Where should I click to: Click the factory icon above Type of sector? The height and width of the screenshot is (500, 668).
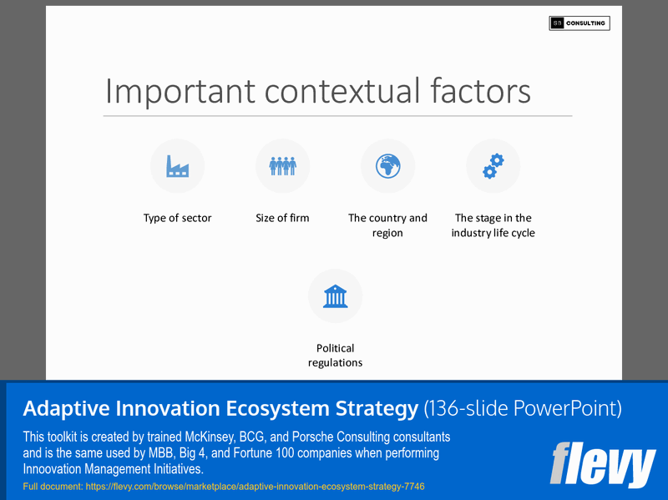pyautogui.click(x=177, y=166)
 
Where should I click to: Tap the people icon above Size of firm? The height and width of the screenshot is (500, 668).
pyautogui.click(x=282, y=166)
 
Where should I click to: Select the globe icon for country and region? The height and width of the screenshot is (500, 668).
pyautogui.click(x=387, y=166)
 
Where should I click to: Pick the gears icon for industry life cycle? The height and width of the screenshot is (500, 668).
pyautogui.click(x=493, y=166)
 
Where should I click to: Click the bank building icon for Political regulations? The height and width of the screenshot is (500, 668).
pyautogui.click(x=335, y=296)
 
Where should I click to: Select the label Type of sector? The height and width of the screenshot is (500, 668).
pyautogui.click(x=177, y=218)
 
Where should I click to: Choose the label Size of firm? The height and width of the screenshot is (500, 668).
pyautogui.click(x=282, y=218)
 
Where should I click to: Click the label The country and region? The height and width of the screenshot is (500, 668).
pyautogui.click(x=387, y=225)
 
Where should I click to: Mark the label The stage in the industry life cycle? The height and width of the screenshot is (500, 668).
pyautogui.click(x=493, y=225)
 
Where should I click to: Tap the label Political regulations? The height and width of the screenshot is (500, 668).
pyautogui.click(x=335, y=356)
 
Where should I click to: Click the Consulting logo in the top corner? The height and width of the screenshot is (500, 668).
pyautogui.click(x=579, y=23)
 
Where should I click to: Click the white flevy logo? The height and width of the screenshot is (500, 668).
pyautogui.click(x=602, y=466)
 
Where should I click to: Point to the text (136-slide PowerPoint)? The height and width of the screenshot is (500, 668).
pyautogui.click(x=523, y=409)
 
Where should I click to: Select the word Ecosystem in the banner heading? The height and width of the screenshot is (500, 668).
pyautogui.click(x=281, y=409)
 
